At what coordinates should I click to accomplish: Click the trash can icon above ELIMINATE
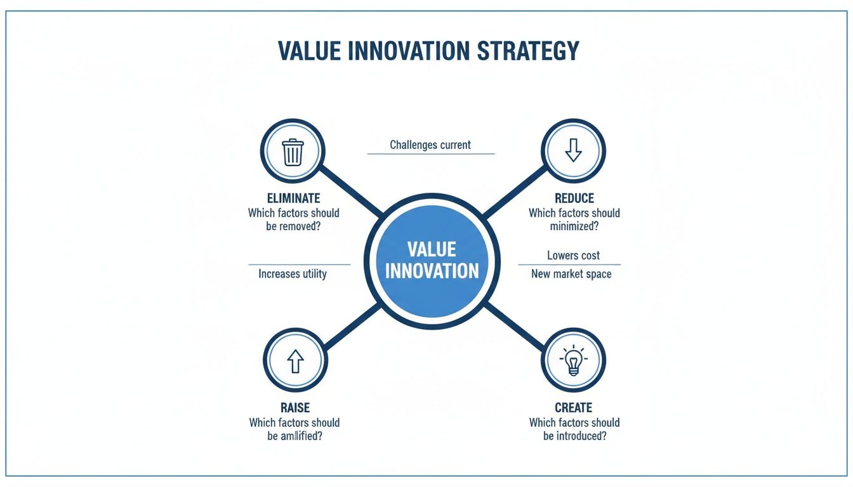(293, 152)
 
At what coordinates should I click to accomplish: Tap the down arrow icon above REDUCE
(573, 151)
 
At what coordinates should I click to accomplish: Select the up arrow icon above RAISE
(294, 361)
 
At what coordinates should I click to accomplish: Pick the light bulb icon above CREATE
(573, 360)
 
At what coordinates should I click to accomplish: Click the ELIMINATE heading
(293, 198)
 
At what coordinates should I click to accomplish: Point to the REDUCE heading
(574, 198)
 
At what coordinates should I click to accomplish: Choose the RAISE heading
(294, 408)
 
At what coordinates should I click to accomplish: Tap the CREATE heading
(573, 408)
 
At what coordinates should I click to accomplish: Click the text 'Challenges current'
(430, 145)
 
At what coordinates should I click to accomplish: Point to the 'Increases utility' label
(293, 274)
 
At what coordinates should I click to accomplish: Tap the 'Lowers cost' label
(573, 256)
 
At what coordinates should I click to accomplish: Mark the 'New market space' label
(571, 274)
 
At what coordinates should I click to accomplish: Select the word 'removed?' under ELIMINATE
(300, 226)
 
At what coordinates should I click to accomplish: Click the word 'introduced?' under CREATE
(581, 436)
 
